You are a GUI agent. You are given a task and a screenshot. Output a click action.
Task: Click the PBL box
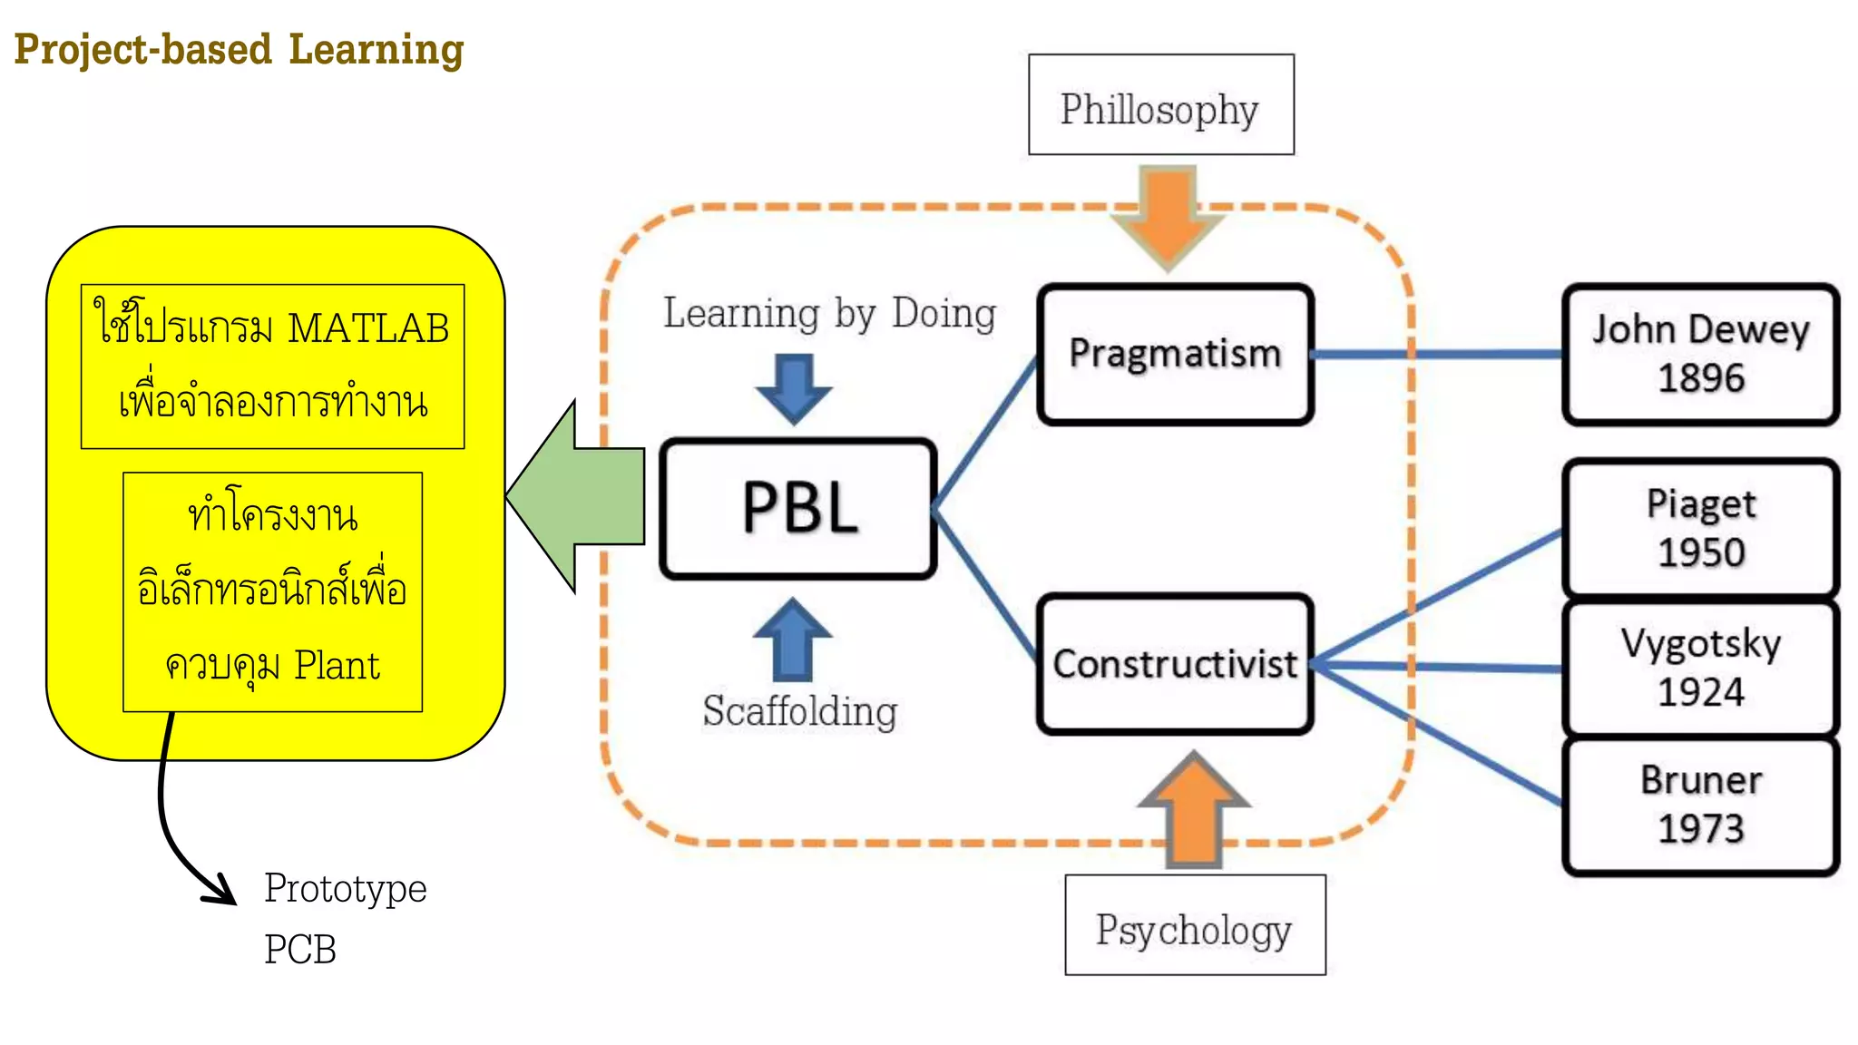(x=798, y=509)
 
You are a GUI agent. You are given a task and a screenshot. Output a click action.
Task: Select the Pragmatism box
(x=1175, y=354)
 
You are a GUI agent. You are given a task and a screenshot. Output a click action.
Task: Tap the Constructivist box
(x=1175, y=664)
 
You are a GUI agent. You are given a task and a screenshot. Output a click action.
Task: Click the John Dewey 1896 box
(x=1700, y=354)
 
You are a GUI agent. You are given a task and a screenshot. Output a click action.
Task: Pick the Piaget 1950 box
(x=1700, y=528)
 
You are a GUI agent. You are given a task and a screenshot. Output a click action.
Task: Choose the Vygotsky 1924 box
(x=1700, y=668)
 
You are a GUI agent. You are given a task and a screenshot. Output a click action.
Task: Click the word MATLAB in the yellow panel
(x=367, y=328)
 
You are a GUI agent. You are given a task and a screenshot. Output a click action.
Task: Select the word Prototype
(x=345, y=888)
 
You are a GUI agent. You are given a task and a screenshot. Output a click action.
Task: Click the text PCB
(x=299, y=950)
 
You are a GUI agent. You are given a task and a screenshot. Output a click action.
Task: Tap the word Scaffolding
(x=799, y=711)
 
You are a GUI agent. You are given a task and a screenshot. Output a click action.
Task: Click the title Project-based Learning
(x=239, y=50)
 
